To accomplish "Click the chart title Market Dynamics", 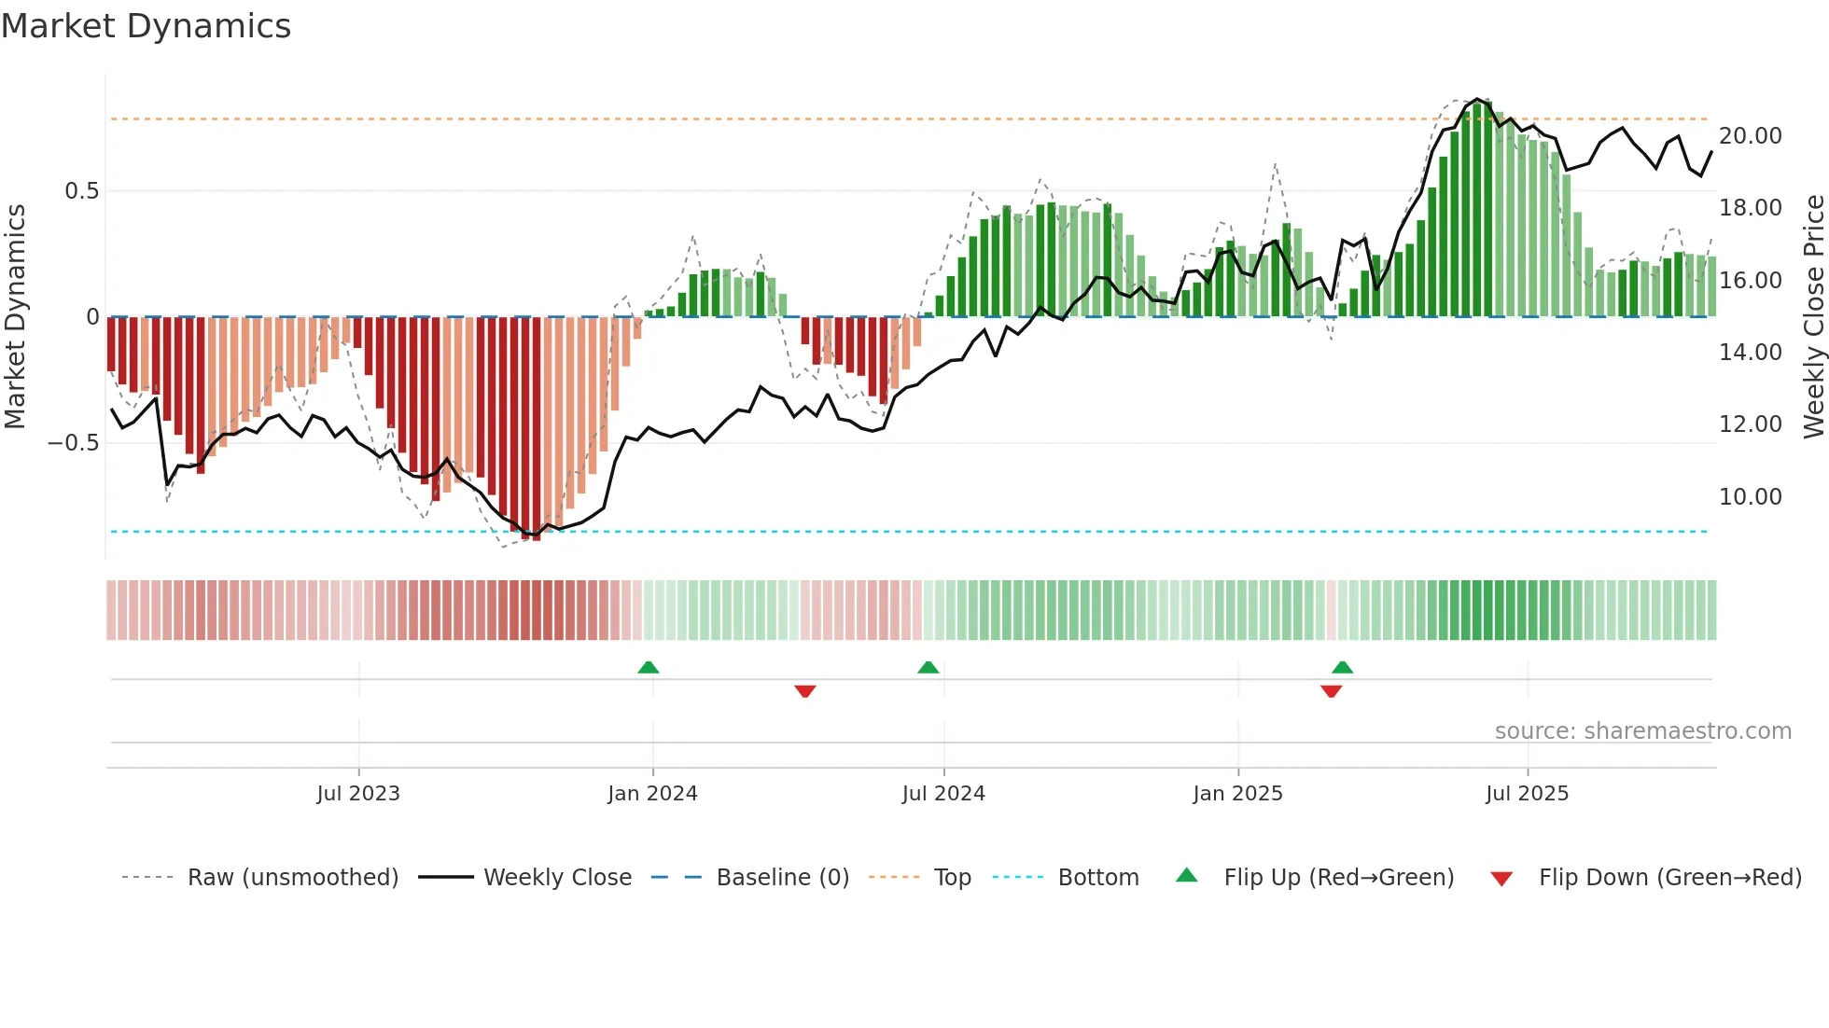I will (x=146, y=26).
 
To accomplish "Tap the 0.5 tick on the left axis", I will (x=81, y=191).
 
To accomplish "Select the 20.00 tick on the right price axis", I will (x=1750, y=136).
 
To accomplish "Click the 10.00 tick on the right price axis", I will (x=1750, y=497).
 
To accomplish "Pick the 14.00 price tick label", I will (x=1750, y=353).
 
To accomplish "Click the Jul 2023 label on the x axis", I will (x=358, y=794).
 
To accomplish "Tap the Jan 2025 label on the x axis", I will (x=1237, y=794).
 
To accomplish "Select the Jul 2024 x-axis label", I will (x=943, y=794).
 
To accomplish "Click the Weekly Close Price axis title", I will (x=1813, y=317).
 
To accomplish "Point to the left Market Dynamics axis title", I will (x=15, y=317).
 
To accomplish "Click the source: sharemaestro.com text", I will (x=1642, y=731).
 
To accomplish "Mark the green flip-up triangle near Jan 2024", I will (x=649, y=668).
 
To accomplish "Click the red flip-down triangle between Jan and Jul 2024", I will (x=805, y=691).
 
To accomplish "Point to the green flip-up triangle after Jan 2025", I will (x=1342, y=668).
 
